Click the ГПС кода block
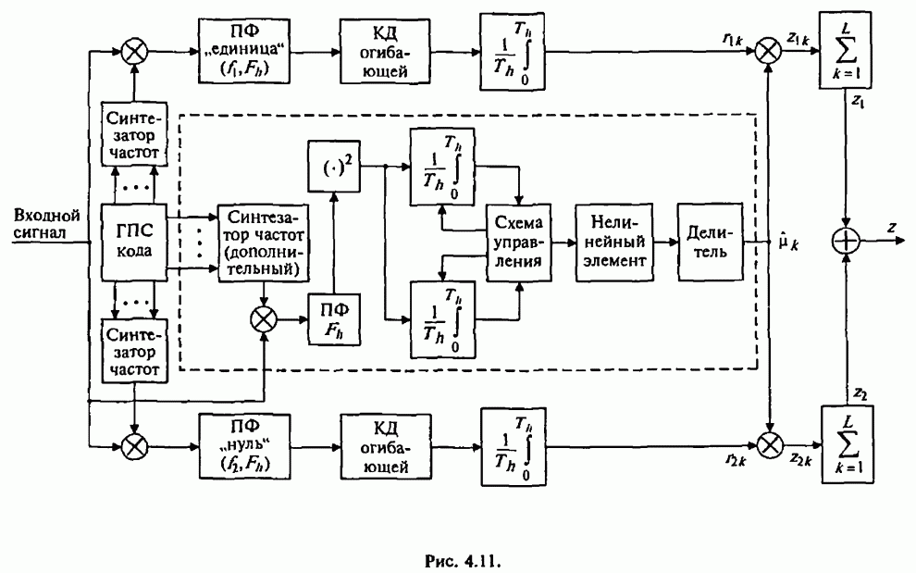click(x=133, y=243)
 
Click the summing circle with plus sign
click(x=848, y=243)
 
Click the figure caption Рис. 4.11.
click(x=458, y=535)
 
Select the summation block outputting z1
click(x=848, y=57)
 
